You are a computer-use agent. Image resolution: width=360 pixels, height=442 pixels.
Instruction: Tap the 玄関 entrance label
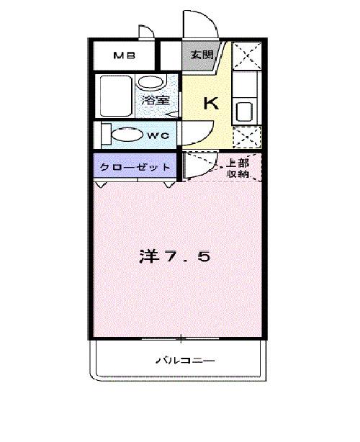(202, 55)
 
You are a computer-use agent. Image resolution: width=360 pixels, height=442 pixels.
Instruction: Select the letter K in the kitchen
(211, 104)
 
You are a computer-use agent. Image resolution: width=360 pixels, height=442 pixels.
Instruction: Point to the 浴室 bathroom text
(155, 100)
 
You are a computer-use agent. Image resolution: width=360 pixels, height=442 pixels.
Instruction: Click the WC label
(159, 135)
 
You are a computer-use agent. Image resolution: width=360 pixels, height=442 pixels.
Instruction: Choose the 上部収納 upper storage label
(238, 168)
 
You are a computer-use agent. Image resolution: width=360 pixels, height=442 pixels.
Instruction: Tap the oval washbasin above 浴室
(151, 81)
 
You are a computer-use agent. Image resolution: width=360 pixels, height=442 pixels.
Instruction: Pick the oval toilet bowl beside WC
(128, 135)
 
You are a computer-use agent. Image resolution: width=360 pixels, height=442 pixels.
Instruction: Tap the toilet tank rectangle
(105, 135)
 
